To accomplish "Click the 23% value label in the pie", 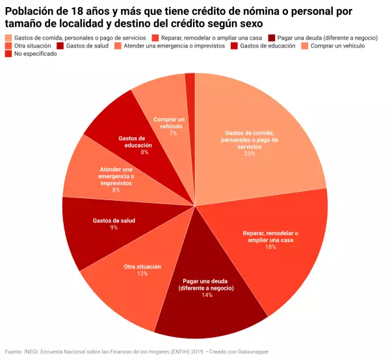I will click(x=250, y=154).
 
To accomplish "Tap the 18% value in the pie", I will click(x=270, y=248).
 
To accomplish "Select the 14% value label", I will click(x=207, y=295).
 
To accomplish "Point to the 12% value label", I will click(x=142, y=274).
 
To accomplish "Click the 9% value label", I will click(x=114, y=227).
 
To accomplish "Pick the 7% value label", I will click(x=173, y=133).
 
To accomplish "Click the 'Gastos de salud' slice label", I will click(x=114, y=220).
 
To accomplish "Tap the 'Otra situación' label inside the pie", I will click(x=142, y=266).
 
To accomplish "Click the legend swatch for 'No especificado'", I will click(x=8, y=54).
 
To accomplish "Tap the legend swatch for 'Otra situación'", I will click(x=8, y=46).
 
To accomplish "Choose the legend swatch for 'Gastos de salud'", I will click(x=60, y=46).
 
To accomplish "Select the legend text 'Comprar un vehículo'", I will click(x=338, y=46).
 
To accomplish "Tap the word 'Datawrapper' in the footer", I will click(x=250, y=352).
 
